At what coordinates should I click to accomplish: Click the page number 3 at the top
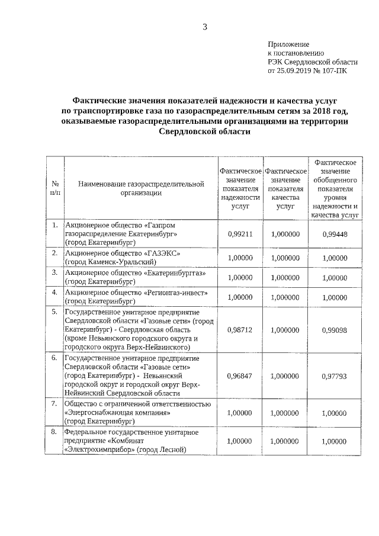(x=204, y=26)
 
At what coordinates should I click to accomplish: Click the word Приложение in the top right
(x=288, y=44)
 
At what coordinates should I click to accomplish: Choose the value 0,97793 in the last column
(x=334, y=375)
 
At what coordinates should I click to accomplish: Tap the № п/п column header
(x=54, y=188)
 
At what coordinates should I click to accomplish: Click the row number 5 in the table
(x=54, y=312)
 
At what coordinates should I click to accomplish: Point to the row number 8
(x=54, y=432)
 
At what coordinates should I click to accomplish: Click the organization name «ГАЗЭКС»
(x=162, y=253)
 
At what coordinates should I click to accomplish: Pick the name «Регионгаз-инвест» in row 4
(x=178, y=292)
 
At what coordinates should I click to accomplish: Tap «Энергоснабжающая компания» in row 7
(x=118, y=412)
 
